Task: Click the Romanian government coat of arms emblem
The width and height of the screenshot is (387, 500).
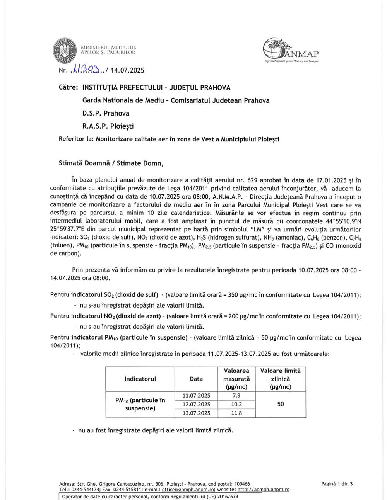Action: (64, 49)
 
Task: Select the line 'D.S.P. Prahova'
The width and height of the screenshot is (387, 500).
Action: (106, 113)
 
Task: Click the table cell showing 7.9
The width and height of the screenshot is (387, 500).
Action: (236, 395)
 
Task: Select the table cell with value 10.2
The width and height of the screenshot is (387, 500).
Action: (236, 404)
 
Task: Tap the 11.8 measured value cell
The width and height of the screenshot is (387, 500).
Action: (236, 413)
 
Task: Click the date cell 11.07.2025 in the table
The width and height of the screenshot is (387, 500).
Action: (196, 395)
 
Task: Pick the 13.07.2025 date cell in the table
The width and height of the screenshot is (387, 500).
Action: (196, 413)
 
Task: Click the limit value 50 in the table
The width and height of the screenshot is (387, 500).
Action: (281, 404)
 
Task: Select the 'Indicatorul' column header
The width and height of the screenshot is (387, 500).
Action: (140, 379)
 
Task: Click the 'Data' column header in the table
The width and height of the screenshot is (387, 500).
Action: (196, 379)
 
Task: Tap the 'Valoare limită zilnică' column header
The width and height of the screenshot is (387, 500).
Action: (281, 379)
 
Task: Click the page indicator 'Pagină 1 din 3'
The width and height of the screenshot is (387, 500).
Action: (337, 483)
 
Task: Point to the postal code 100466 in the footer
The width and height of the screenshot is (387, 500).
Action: (242, 484)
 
